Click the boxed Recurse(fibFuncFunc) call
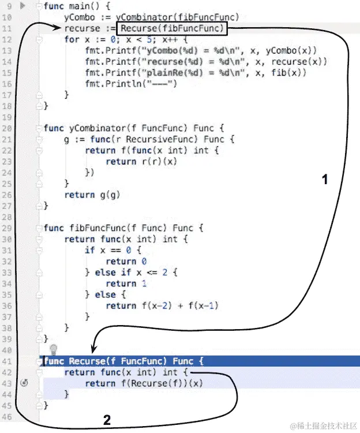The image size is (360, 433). click(x=171, y=28)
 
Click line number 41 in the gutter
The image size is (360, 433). click(x=7, y=361)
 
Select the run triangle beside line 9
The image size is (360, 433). click(x=23, y=6)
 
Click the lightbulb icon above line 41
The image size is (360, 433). click(x=54, y=349)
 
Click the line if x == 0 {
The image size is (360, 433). click(x=112, y=250)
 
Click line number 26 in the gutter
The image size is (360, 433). click(x=7, y=195)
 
